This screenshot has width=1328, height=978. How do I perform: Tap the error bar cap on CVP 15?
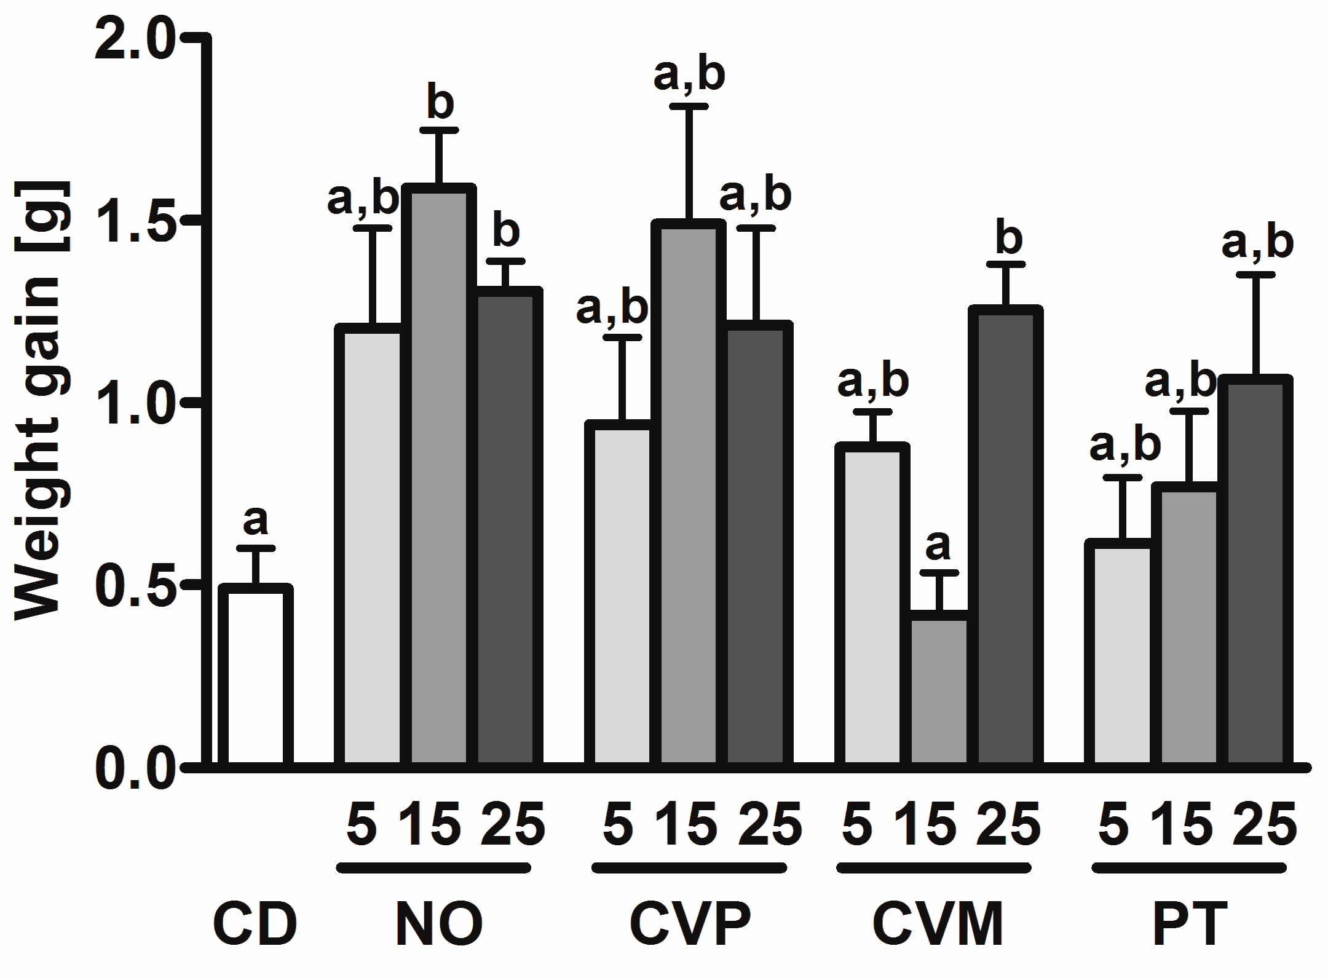pyautogui.click(x=689, y=107)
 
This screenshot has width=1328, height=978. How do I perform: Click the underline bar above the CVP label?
pyautogui.click(x=689, y=869)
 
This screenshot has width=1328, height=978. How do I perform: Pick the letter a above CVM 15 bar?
pyautogui.click(x=938, y=545)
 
